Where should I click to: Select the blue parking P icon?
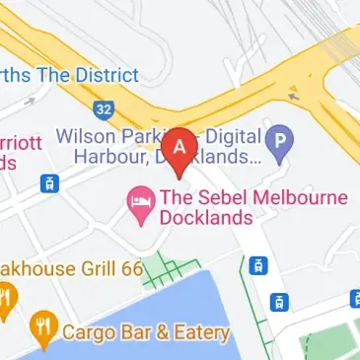(280, 144)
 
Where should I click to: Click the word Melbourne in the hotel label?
(299, 197)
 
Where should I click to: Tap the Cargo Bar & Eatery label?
(145, 332)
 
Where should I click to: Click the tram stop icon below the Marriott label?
(46, 183)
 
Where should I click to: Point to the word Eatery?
(200, 332)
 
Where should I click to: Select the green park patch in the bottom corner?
(330, 345)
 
